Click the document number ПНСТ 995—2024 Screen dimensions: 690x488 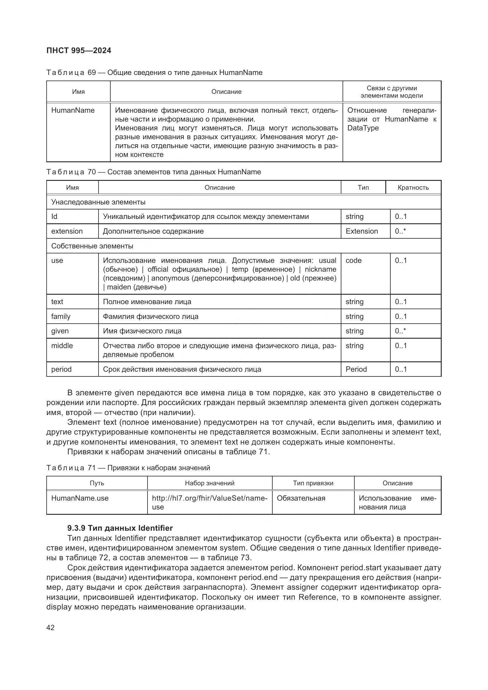pos(79,50)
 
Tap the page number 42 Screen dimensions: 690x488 pos(50,627)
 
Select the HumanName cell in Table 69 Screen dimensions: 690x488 pos(73,110)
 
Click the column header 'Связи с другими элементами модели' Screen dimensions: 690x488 pos(392,92)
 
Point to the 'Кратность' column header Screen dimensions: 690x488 pos(413,188)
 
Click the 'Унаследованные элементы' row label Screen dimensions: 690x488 pos(98,202)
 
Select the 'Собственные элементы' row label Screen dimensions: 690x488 pos(92,246)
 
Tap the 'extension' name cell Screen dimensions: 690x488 pos(67,231)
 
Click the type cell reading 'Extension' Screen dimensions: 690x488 pos(361,231)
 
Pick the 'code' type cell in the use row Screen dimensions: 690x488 pos(353,260)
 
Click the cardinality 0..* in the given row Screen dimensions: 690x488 pos(400,331)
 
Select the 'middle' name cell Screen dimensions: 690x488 pos(62,346)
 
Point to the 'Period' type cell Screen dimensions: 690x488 pos(356,369)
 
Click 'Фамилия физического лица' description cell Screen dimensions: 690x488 pos(150,316)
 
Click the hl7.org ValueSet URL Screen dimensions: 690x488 pos(209,502)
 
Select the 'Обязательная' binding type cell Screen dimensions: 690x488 pos(301,498)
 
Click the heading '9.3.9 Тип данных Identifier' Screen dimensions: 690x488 pos(120,528)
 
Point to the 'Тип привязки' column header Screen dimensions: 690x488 pos(313,483)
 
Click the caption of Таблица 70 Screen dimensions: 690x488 pos(153,172)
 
